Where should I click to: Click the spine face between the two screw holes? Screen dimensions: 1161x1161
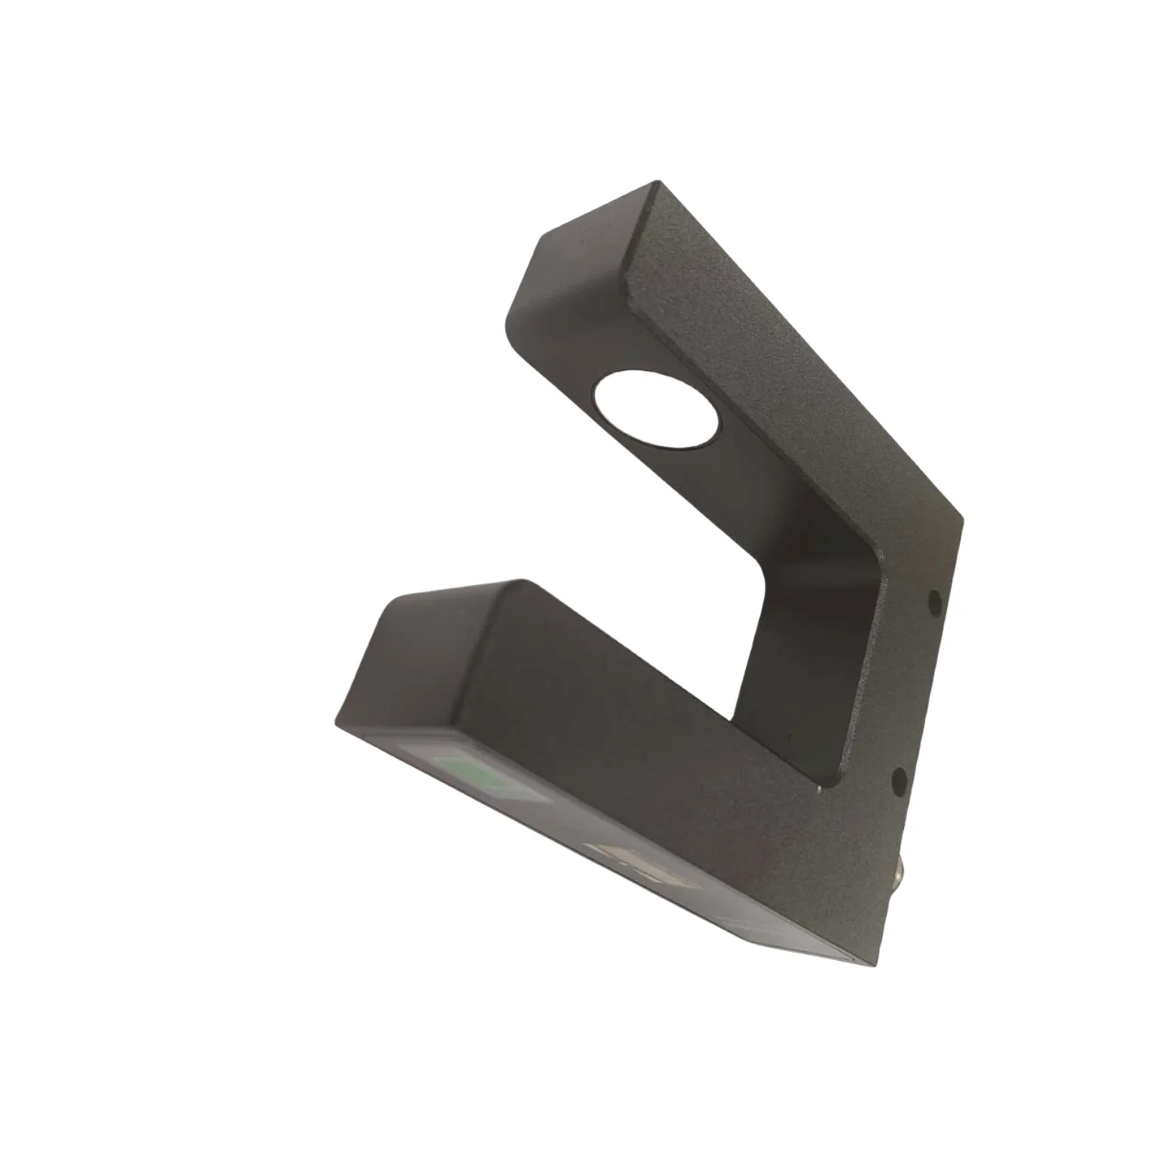(x=918, y=688)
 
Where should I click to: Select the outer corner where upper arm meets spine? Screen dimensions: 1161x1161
(x=962, y=519)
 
